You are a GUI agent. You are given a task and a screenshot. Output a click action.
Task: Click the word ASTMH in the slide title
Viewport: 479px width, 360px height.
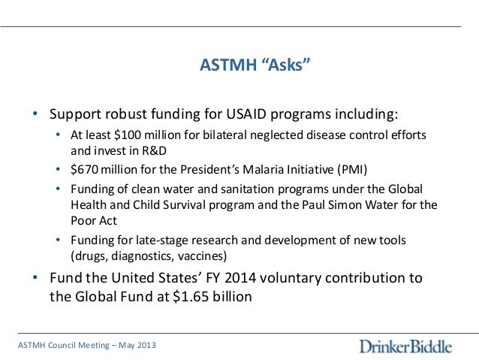pos(226,65)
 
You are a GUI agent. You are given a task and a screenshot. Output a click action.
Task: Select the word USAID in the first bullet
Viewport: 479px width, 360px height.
pos(250,116)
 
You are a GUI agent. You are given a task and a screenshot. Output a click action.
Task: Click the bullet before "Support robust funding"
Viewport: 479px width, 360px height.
pos(35,116)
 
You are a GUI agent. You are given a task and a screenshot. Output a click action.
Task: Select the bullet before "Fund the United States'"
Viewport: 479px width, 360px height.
pos(35,279)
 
